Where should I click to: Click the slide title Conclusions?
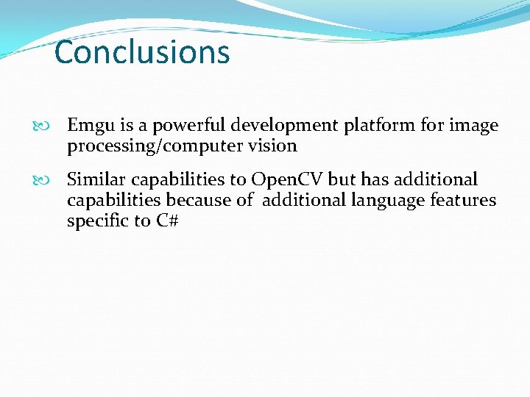point(142,53)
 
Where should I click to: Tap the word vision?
point(273,146)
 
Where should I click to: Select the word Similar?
point(96,179)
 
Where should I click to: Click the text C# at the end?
point(168,221)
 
